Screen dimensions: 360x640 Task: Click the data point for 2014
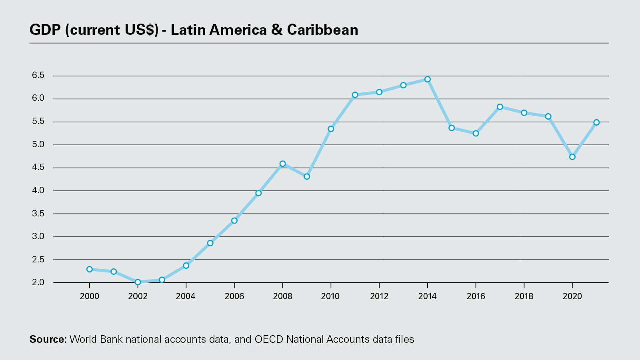click(x=427, y=79)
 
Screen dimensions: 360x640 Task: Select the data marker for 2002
click(x=138, y=282)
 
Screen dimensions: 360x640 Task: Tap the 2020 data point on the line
click(x=572, y=157)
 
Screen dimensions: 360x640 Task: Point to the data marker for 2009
click(x=307, y=176)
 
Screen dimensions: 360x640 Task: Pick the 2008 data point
click(x=282, y=164)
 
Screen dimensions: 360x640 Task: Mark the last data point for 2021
click(x=596, y=122)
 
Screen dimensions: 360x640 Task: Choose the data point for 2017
click(x=500, y=107)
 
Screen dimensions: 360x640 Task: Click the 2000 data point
click(x=90, y=269)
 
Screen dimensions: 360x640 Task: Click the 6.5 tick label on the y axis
click(x=38, y=76)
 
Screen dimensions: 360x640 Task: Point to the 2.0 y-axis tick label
click(x=38, y=282)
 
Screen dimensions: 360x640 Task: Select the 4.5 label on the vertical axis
click(x=38, y=168)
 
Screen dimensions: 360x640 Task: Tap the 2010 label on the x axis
click(x=330, y=296)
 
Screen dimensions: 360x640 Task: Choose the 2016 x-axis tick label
click(x=476, y=296)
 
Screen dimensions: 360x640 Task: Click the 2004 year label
click(x=186, y=296)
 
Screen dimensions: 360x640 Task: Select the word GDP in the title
click(x=45, y=30)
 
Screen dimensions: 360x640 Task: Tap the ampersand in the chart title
click(x=277, y=30)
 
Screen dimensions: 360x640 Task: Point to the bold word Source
click(x=48, y=340)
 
